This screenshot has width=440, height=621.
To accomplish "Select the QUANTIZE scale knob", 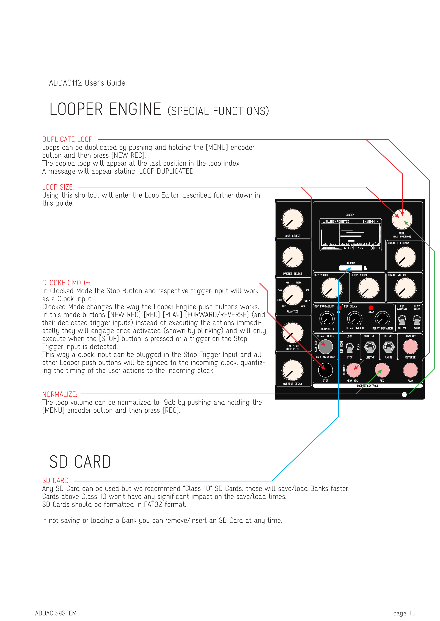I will (x=293, y=295).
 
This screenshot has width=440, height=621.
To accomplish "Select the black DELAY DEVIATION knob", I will (x=382, y=319).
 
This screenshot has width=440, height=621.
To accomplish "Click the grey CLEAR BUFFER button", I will (x=325, y=347).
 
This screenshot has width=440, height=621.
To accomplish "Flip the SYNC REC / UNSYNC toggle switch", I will (x=370, y=347).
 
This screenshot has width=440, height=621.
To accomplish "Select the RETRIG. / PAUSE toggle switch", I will (x=389, y=347).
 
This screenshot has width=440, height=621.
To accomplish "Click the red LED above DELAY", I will (x=371, y=308).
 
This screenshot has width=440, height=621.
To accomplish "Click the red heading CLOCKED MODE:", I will (x=66, y=283).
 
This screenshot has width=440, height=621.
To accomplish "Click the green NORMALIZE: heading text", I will (x=60, y=394).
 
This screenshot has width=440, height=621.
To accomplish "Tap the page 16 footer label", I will (x=404, y=613).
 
